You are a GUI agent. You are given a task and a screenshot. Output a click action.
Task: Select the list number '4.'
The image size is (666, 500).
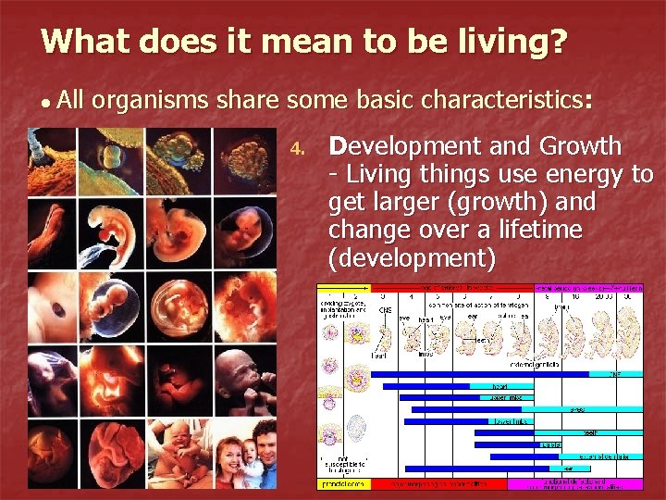tap(297, 148)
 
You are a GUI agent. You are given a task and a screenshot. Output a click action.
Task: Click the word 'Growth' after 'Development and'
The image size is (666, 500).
tap(580, 146)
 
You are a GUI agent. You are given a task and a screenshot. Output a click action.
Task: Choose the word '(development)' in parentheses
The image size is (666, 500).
tap(412, 256)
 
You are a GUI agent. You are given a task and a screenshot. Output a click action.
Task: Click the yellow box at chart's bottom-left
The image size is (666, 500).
tap(343, 483)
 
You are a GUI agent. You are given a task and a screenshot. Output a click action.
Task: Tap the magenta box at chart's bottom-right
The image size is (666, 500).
tap(574, 483)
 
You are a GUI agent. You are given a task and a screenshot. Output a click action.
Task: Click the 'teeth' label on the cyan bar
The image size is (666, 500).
tap(588, 431)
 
